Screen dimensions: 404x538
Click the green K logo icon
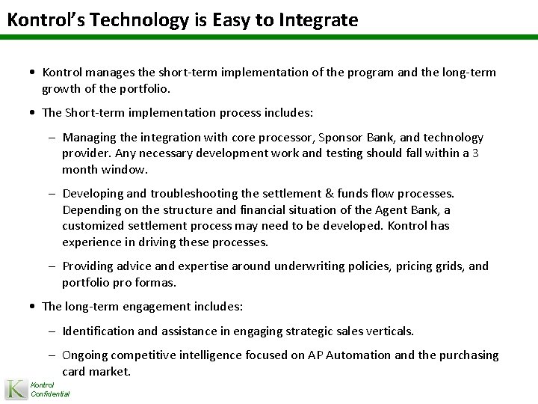click(x=15, y=389)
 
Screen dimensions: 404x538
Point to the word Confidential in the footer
click(x=50, y=394)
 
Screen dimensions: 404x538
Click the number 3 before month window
click(x=476, y=152)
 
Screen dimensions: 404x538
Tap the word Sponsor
click(x=341, y=138)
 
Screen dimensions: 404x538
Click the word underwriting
click(x=311, y=266)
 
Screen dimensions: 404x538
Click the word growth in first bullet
click(x=61, y=88)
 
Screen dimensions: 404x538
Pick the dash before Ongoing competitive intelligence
click(x=56, y=355)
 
